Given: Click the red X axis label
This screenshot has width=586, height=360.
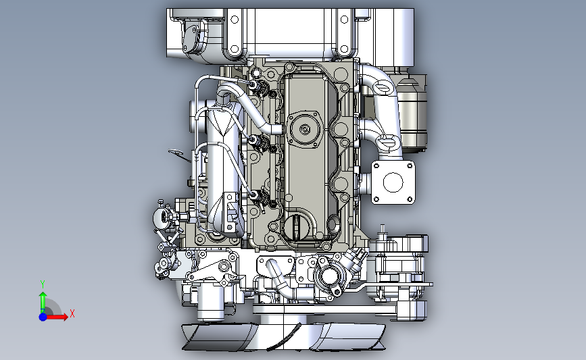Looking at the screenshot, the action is pos(72,313).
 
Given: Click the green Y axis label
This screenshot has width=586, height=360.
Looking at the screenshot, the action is pos(43,284).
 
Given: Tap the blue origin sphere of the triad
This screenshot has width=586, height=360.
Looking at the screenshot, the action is pos(43,317).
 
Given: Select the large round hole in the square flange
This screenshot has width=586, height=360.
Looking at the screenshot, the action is pos(393,182).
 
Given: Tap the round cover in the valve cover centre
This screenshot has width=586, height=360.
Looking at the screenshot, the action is pos(305,129).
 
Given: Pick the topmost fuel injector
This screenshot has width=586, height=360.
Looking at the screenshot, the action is pos(259,86).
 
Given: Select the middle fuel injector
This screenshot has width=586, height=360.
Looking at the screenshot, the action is pos(260,143).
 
